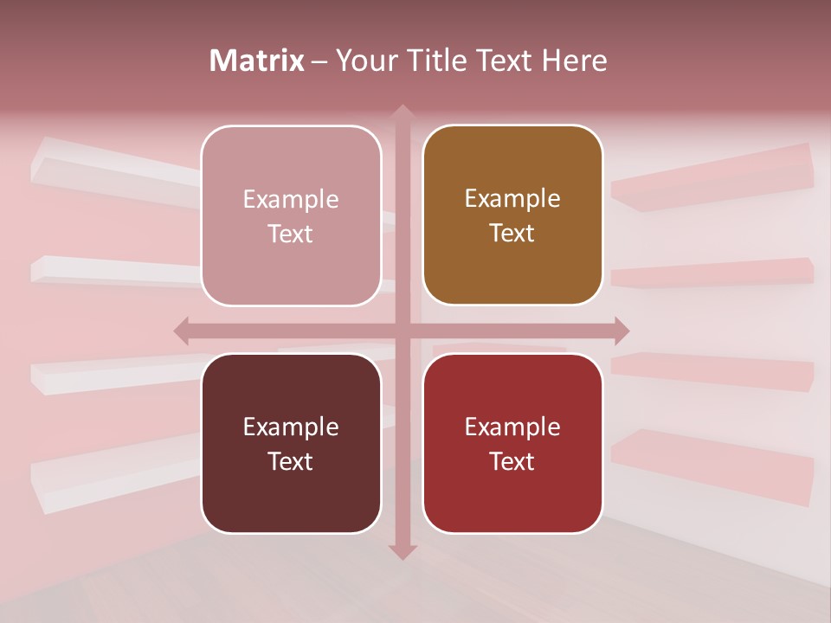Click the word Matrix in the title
256,61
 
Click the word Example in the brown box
512,199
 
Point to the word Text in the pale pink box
291,234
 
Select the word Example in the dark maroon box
291,427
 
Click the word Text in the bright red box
512,461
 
